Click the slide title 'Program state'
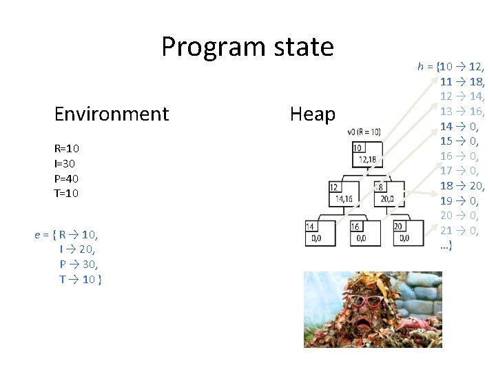pos(247,47)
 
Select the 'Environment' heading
pos(112,114)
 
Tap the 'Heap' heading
pos(312,114)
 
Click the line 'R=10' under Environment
pos(66,149)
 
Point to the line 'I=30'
pos(65,163)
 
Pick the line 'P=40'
pos(66,178)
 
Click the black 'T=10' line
pos(66,193)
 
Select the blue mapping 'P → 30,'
pos(79,265)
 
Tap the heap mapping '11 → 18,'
pos(462,81)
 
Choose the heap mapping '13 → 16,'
pos(462,111)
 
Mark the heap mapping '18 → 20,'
pos(462,185)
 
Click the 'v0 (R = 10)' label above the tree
pos(364,131)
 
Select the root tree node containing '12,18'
pos(365,154)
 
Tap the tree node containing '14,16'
pos(342,194)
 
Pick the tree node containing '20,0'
pos(386,194)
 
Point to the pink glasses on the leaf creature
pos(366,301)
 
